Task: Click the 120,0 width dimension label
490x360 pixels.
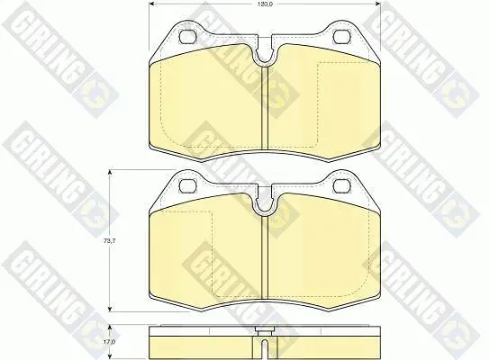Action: [x=265, y=4]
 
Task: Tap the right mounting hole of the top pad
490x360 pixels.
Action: [x=340, y=37]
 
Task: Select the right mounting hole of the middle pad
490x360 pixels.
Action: [x=340, y=185]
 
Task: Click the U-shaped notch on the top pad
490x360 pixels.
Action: [x=265, y=56]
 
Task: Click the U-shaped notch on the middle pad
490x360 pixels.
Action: [x=265, y=205]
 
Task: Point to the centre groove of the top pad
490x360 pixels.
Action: [x=265, y=110]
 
